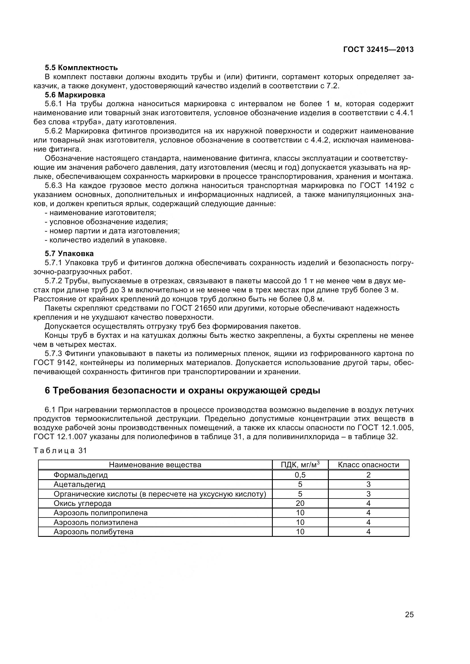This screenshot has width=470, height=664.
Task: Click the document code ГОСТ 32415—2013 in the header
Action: click(x=378, y=49)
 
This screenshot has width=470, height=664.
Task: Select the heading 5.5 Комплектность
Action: click(x=81, y=68)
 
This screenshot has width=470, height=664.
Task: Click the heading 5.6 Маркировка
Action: click(x=75, y=95)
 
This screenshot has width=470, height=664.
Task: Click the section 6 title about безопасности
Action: click(x=182, y=390)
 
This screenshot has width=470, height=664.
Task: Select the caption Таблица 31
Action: click(x=60, y=451)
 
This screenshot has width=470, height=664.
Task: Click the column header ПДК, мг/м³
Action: click(x=300, y=465)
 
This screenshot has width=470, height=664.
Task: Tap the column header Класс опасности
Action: click(x=369, y=465)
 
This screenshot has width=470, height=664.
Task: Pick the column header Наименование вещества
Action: click(x=155, y=465)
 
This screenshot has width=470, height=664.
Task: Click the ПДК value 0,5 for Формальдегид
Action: click(x=300, y=475)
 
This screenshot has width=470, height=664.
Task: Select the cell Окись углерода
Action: click(x=82, y=503)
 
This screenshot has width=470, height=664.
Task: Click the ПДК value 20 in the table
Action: click(x=300, y=503)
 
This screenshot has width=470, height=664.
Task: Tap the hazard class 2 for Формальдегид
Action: click(x=369, y=475)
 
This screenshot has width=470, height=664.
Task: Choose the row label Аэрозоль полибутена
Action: click(x=93, y=531)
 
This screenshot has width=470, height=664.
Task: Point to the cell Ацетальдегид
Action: click(x=80, y=484)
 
